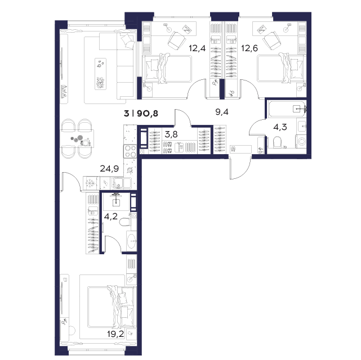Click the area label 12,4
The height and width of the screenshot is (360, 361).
click(x=197, y=48)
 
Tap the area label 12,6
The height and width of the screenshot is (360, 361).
click(x=249, y=48)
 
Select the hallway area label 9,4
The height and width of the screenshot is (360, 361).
click(x=222, y=112)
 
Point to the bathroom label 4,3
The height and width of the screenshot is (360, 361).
click(x=280, y=127)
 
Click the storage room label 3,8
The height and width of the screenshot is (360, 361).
click(x=171, y=134)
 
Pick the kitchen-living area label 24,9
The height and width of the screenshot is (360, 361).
click(x=109, y=169)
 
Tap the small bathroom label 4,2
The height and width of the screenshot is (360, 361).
click(x=111, y=217)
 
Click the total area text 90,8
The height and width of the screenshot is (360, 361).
click(x=148, y=114)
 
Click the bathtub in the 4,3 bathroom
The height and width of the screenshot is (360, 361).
click(x=287, y=109)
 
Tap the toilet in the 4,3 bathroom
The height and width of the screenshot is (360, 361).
click(x=277, y=142)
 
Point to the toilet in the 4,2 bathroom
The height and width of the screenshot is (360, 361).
click(x=125, y=222)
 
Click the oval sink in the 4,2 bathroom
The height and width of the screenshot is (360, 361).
click(x=132, y=241)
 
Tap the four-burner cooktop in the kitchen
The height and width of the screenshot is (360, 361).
click(x=130, y=151)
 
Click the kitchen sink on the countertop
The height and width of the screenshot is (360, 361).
click(x=118, y=183)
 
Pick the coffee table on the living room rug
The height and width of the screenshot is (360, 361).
click(x=101, y=74)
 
